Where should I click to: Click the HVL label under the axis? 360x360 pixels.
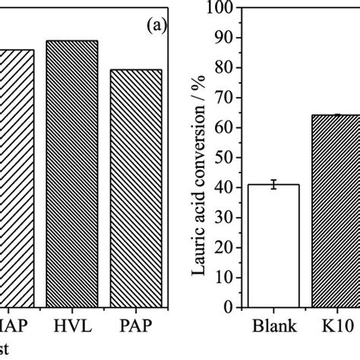pyautogui.click(x=72, y=327)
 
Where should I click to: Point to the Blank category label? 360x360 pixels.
pyautogui.click(x=273, y=331)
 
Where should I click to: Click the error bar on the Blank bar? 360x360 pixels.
pyautogui.click(x=273, y=185)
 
